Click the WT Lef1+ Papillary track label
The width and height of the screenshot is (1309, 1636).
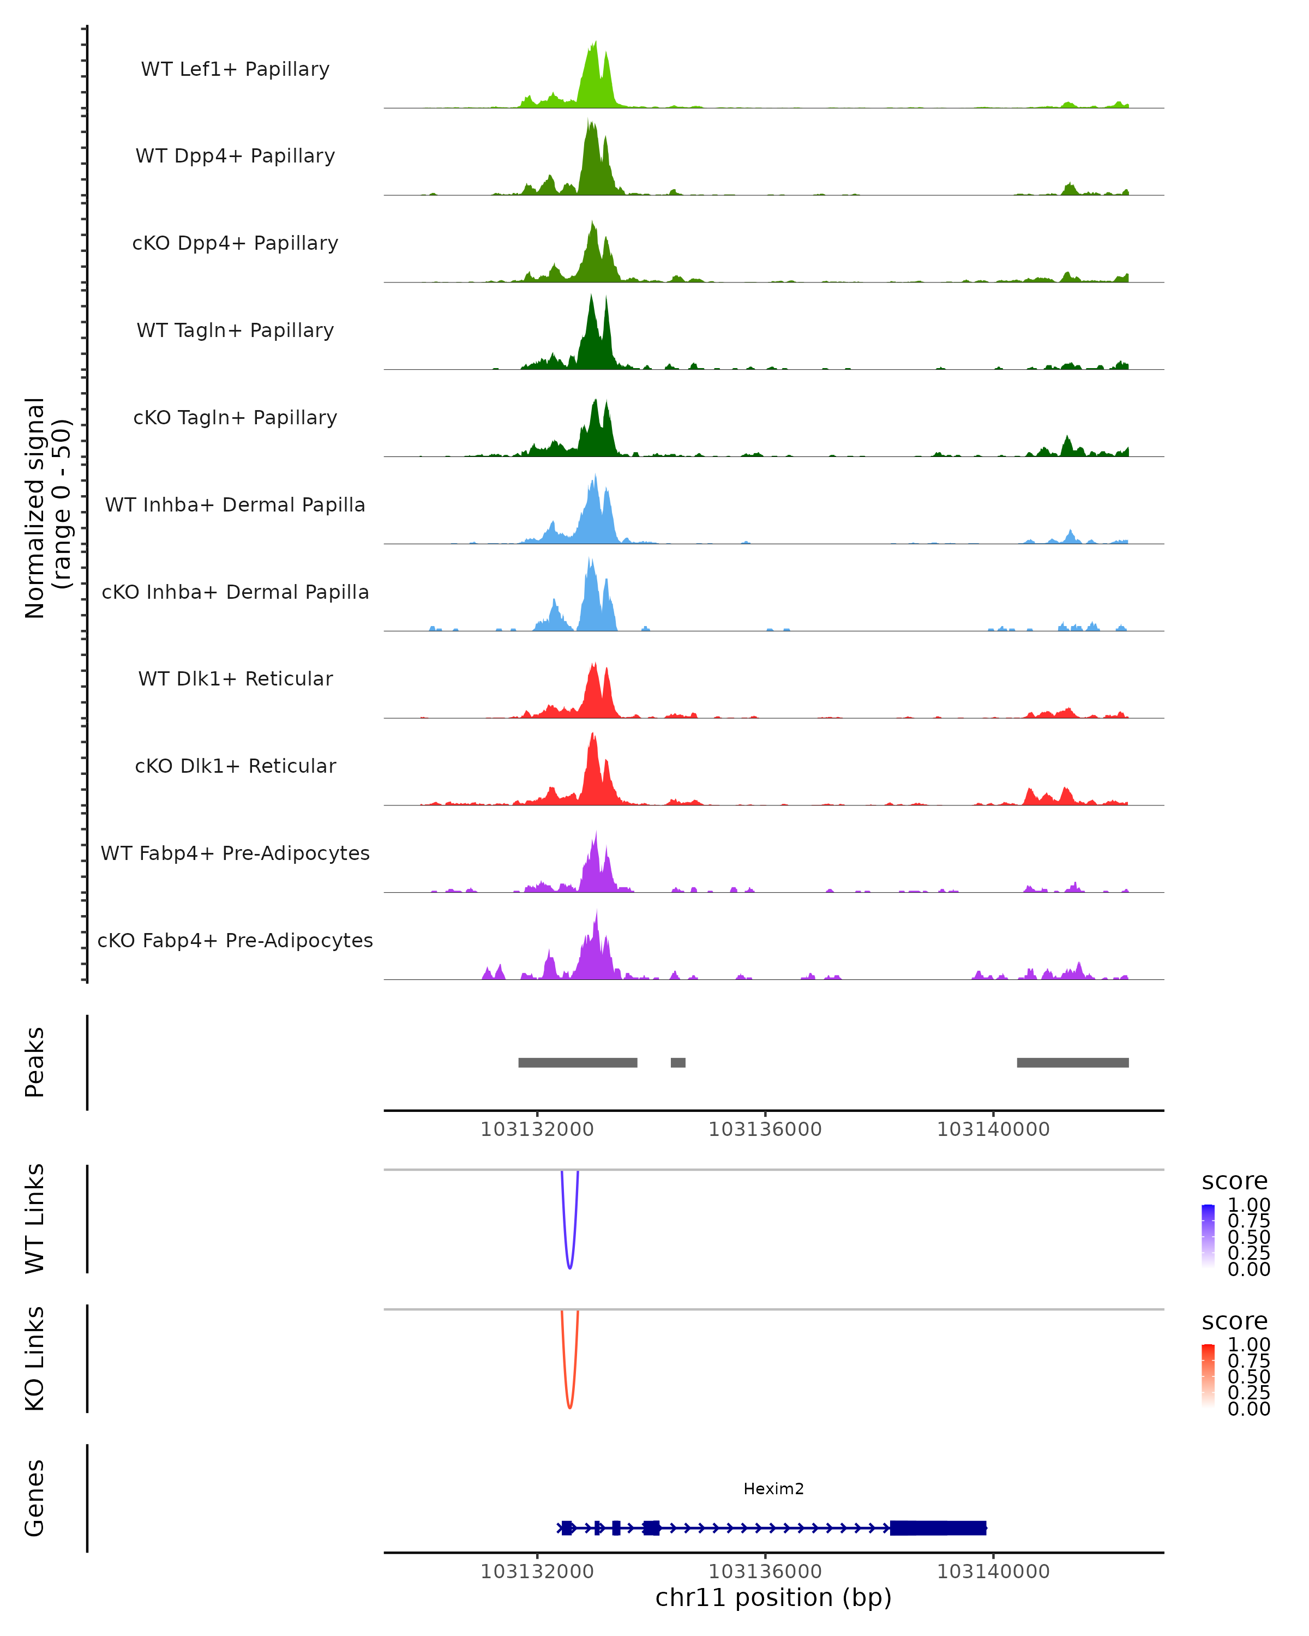coord(235,69)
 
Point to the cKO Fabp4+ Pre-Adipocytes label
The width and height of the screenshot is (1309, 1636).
coord(235,940)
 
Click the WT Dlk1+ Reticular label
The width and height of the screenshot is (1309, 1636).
coord(235,678)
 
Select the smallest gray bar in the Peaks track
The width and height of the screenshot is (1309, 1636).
coord(677,1062)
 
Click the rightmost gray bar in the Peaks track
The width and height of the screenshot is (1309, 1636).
coord(1072,1062)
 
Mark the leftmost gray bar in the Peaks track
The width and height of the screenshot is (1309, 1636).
coord(578,1062)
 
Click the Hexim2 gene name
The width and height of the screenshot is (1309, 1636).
coord(773,1489)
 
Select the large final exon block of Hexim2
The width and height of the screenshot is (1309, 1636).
coord(938,1527)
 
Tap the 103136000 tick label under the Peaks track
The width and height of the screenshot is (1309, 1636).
coord(765,1129)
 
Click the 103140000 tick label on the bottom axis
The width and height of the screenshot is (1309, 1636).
coord(993,1572)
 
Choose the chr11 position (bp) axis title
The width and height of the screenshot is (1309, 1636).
coord(773,1598)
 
